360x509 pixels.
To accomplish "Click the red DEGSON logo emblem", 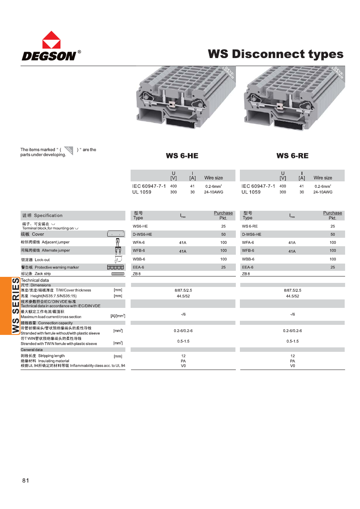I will click(51, 40).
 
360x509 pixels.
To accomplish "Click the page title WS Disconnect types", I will click(275, 54).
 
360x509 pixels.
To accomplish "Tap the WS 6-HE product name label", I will click(182, 156).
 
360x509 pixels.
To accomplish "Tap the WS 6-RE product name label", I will click(292, 156).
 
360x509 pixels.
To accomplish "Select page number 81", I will click(26, 480).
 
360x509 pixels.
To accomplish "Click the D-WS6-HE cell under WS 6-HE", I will click(142, 234).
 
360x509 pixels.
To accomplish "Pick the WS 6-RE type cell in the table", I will click(250, 226).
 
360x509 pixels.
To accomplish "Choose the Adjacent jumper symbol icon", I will click(118, 242).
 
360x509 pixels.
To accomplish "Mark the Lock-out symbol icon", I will click(118, 259).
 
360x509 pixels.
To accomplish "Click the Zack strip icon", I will click(117, 274).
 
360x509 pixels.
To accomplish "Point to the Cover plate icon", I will click(116, 234).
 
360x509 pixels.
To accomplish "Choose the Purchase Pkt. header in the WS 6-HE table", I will click(223, 215).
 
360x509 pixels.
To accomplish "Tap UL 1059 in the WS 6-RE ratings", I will click(251, 192).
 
